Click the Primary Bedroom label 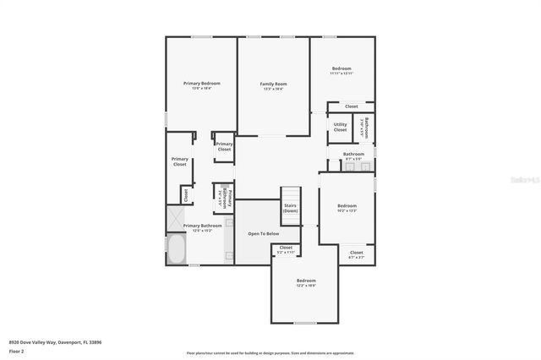[x=202, y=84]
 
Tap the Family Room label [x=273, y=85]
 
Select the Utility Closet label [x=340, y=127]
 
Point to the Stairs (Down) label [x=290, y=208]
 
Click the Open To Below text [x=263, y=233]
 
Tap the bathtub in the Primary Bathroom [x=178, y=249]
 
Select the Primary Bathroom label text [x=203, y=226]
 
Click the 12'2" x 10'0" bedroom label [x=306, y=281]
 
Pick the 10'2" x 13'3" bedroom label [x=347, y=207]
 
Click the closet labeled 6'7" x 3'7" [x=356, y=254]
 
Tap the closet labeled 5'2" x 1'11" [x=286, y=248]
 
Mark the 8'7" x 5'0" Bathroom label [x=353, y=155]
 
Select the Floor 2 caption [x=16, y=350]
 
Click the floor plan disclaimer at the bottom [x=270, y=353]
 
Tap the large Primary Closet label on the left [x=179, y=161]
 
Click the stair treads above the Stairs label [x=290, y=194]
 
